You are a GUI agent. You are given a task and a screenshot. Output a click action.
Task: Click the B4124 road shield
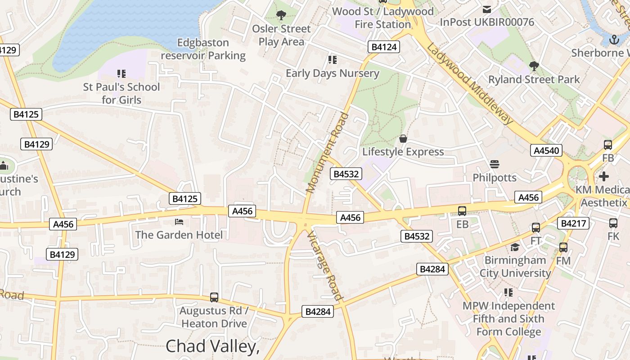coord(384,47)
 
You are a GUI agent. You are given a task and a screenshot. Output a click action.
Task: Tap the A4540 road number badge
coord(546,150)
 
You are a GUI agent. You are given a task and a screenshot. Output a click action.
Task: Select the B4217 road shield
coord(573,223)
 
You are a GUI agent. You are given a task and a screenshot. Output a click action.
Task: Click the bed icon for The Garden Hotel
coord(179,222)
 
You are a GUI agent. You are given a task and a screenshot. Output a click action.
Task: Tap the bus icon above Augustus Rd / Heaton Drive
coord(214,297)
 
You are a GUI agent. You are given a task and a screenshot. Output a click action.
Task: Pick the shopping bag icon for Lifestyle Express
coord(403,138)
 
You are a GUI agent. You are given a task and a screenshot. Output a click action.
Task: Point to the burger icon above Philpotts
coord(495,164)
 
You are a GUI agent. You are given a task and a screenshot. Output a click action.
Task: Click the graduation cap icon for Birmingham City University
coord(515,247)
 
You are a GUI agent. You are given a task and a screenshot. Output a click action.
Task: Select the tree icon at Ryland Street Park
coord(534,66)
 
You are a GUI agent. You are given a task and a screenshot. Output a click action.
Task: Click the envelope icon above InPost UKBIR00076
coord(486,9)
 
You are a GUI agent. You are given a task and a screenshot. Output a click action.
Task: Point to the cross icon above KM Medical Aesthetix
coord(603,176)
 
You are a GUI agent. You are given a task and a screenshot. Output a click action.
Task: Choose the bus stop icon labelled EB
coord(462,211)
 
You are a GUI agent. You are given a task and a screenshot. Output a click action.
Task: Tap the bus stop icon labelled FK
coord(613,223)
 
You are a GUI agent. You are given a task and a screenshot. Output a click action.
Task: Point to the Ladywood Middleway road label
coord(470,84)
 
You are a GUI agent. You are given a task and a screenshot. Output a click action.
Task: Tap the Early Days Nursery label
coord(333,73)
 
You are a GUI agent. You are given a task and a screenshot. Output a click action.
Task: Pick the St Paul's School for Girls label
coord(121,93)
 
